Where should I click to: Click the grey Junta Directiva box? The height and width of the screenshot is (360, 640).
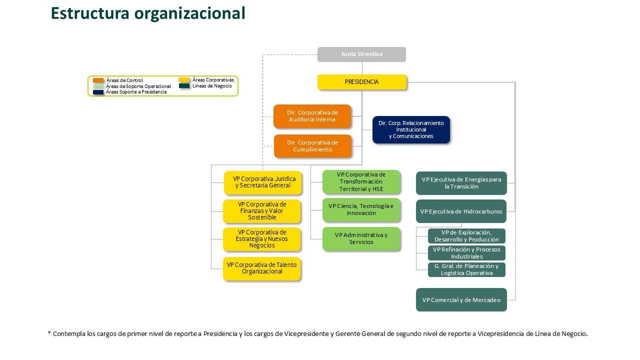click(361, 54)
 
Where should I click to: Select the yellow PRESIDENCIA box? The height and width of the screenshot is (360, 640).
click(362, 82)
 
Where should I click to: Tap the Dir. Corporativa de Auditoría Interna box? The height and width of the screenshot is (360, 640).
click(312, 116)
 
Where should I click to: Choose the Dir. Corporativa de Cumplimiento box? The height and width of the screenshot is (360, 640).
click(312, 146)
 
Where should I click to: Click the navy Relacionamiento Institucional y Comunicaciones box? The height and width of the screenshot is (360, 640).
click(411, 129)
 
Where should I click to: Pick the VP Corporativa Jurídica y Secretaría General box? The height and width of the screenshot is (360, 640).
click(263, 182)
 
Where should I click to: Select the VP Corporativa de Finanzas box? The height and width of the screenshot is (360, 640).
click(262, 211)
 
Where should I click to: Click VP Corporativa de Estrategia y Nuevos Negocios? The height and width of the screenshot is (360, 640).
click(262, 239)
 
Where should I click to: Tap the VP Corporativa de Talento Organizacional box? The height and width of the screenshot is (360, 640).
click(262, 268)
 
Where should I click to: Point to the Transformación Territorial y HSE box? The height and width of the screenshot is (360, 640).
click(361, 181)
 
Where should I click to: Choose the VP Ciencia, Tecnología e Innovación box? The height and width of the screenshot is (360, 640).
click(361, 209)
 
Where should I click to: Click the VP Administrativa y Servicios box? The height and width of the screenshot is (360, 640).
click(361, 239)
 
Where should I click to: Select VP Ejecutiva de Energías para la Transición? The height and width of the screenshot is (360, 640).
click(461, 183)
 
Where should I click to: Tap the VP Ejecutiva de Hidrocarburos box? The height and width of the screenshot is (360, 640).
click(461, 211)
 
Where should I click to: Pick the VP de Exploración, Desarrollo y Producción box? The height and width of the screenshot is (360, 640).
click(466, 236)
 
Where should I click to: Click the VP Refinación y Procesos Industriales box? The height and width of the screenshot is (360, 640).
click(466, 253)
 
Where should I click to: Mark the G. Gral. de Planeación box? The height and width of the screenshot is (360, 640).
click(466, 269)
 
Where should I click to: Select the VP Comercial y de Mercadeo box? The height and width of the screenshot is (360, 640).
click(461, 299)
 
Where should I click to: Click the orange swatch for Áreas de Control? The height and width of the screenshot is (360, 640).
click(98, 80)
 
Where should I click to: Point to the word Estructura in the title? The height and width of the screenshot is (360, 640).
click(90, 13)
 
